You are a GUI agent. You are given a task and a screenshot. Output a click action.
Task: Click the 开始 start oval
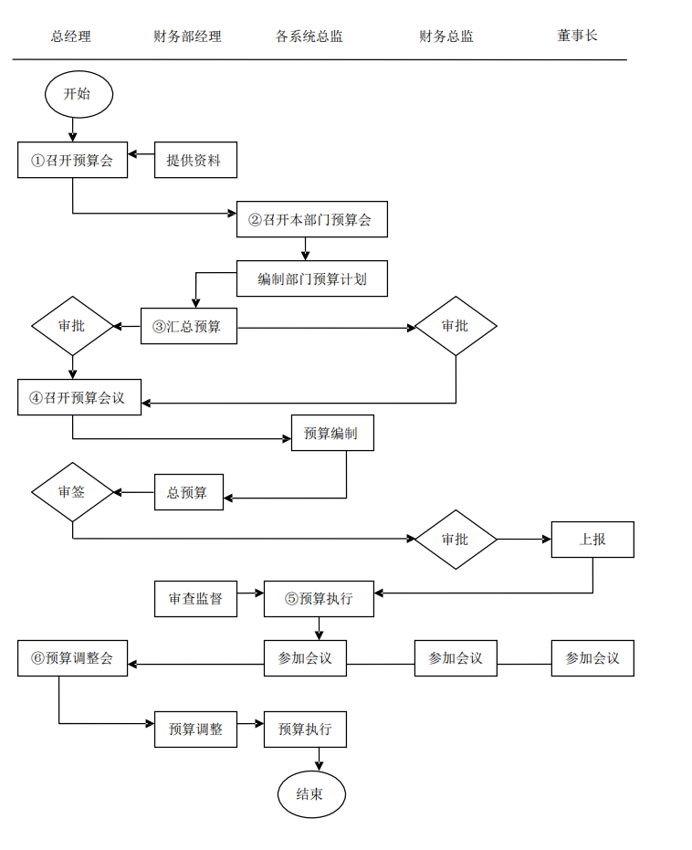point(79,94)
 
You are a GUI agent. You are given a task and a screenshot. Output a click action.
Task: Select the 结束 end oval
point(312,794)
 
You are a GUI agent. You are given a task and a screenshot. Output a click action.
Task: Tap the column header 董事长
point(577,36)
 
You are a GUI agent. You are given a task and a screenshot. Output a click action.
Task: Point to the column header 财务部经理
point(187,37)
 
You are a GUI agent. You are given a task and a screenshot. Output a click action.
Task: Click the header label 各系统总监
point(309,37)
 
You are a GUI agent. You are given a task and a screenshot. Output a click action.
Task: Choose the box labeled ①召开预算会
point(73,160)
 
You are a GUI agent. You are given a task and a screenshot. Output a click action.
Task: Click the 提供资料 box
point(195,160)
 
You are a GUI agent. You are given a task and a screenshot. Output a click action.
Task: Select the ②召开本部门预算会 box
point(311,219)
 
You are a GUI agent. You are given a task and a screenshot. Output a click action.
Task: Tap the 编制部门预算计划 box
point(311,278)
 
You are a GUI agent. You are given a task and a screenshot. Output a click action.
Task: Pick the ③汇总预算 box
point(188,326)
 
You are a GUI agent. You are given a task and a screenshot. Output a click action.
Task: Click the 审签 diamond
point(73,492)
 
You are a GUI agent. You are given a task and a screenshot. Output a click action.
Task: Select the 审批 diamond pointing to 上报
point(456,540)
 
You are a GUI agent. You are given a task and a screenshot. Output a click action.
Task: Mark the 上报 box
point(592,540)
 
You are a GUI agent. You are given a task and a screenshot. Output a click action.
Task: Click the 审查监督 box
point(195,599)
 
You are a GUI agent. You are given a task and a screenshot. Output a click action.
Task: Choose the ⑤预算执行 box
point(319,599)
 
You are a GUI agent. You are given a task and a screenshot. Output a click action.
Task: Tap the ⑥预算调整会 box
point(73,658)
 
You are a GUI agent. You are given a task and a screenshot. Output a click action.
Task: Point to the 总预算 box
point(188,492)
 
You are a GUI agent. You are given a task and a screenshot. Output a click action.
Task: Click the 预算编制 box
point(332,433)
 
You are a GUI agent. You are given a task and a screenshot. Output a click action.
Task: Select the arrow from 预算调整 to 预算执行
point(250,729)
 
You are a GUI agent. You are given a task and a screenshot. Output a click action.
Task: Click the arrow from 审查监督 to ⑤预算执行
point(250,599)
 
